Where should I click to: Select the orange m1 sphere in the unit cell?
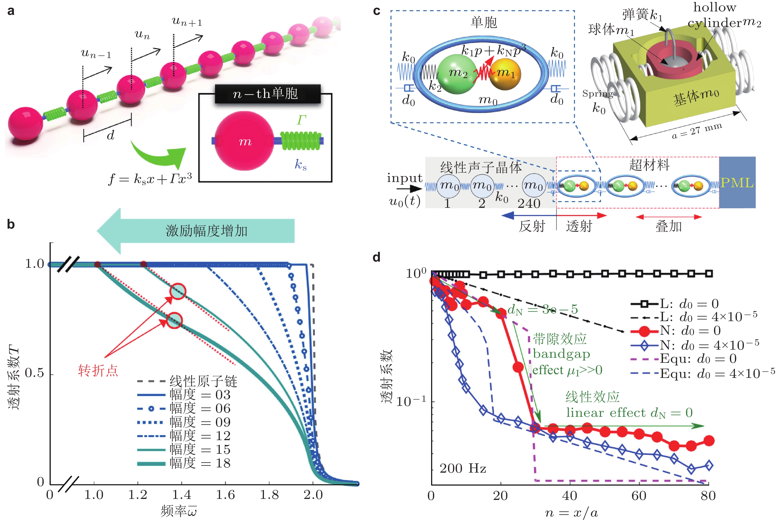coord(505,73)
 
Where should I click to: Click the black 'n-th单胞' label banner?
coord(268,94)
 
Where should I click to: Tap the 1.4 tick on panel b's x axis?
coord(182,495)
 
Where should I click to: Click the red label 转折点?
coord(98,370)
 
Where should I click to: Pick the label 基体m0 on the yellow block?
coord(695,97)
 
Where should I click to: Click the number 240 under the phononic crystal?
coord(529,204)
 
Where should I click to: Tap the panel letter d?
coord(376,257)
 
